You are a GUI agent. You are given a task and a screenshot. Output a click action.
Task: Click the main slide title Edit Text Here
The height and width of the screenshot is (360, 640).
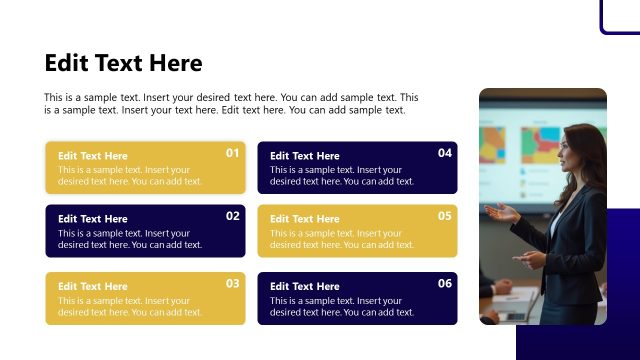coord(123,63)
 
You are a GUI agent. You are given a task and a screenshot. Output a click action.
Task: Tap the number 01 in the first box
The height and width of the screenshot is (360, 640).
coord(233,153)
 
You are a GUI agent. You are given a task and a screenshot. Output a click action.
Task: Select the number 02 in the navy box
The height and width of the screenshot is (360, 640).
coord(233,216)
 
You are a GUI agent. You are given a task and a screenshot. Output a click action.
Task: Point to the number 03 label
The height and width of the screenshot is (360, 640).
coord(233,283)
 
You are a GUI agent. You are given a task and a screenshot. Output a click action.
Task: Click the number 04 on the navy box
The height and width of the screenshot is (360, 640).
coord(445,153)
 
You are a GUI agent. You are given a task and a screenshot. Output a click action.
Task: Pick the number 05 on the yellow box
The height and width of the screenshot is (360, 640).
coord(445,216)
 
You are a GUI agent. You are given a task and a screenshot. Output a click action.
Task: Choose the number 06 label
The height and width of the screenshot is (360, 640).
coord(445,283)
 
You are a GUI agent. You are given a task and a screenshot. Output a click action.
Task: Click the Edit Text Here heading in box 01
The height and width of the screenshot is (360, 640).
coord(93,156)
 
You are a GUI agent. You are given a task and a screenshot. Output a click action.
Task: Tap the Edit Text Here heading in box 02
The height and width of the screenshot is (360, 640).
coord(93,219)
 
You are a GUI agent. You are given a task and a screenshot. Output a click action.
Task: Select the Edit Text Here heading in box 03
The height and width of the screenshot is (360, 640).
coord(93,286)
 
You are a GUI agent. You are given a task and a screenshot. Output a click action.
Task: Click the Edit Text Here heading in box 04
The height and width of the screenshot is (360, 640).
coord(305,156)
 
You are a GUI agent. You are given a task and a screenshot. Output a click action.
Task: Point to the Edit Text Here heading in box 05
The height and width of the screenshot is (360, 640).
coord(305,219)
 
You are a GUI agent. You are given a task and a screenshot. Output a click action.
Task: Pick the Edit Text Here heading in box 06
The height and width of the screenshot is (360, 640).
coord(305,286)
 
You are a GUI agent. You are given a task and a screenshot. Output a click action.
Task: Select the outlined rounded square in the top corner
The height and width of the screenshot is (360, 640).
coord(620,15)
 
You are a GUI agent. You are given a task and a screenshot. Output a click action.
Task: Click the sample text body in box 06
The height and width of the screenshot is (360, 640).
coord(341,306)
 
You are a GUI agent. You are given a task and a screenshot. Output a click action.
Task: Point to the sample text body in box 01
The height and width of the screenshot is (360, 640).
coord(130,176)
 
